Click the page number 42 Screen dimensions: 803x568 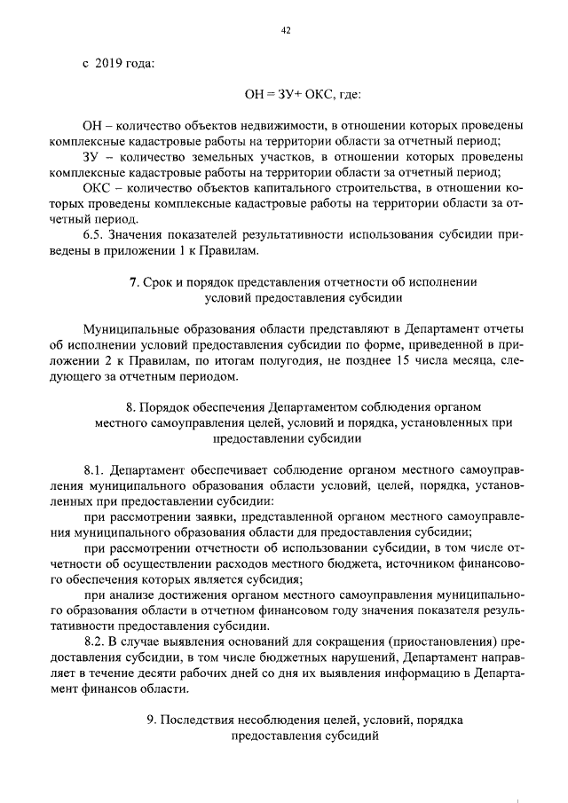tap(286, 30)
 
